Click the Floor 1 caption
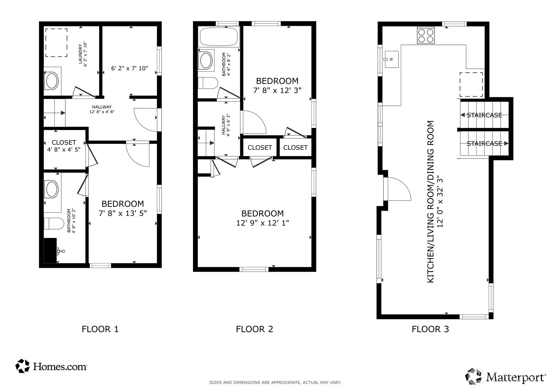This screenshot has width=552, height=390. pyautogui.click(x=100, y=329)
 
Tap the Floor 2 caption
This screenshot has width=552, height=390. pyautogui.click(x=255, y=329)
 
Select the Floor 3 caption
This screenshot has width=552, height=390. pyautogui.click(x=430, y=329)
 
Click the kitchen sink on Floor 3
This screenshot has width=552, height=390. pyautogui.click(x=391, y=59)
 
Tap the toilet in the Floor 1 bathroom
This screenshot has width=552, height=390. pyautogui.click(x=54, y=223)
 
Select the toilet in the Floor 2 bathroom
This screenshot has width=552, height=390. pyautogui.click(x=208, y=83)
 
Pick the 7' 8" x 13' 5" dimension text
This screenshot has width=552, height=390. pyautogui.click(x=123, y=213)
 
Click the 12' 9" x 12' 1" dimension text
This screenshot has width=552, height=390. pyautogui.click(x=263, y=223)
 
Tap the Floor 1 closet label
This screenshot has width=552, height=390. pyautogui.click(x=64, y=142)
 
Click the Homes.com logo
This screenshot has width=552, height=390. pyautogui.click(x=51, y=366)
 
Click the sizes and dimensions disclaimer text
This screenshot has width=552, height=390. pyautogui.click(x=275, y=382)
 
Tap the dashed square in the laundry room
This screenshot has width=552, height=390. pyautogui.click(x=56, y=43)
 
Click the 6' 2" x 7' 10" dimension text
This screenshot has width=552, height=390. pyautogui.click(x=130, y=68)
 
